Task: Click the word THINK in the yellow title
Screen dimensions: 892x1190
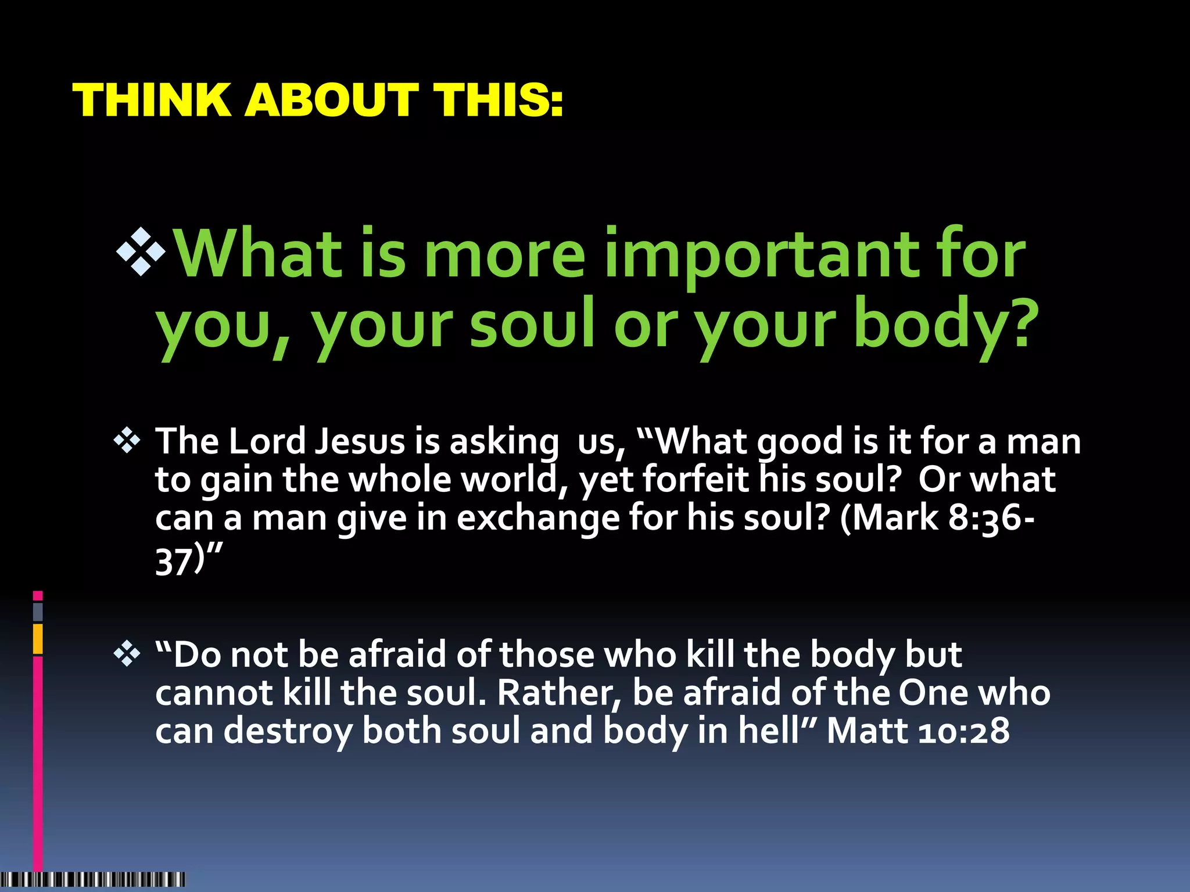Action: (x=152, y=100)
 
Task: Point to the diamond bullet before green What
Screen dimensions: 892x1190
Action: (x=141, y=250)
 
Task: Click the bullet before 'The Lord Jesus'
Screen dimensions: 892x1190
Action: (x=127, y=441)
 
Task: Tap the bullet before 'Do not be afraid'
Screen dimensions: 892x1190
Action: (x=127, y=655)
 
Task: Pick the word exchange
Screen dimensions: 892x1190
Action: (x=538, y=518)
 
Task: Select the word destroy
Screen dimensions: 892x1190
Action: (x=288, y=732)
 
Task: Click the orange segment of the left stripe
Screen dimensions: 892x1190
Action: (x=38, y=639)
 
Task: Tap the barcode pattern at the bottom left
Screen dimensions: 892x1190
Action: (x=93, y=879)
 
